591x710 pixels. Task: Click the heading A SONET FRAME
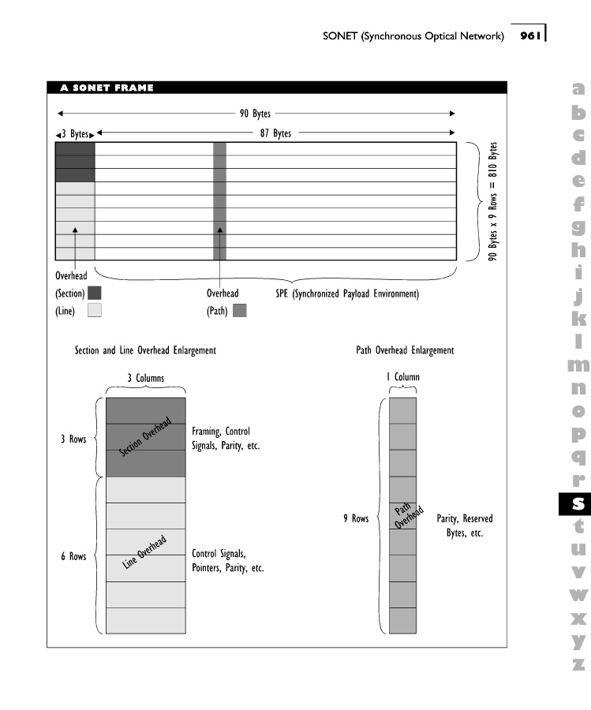pos(107,88)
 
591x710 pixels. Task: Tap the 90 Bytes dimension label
pos(255,114)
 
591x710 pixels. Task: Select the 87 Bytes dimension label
pos(276,133)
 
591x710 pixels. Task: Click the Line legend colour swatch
pos(95,311)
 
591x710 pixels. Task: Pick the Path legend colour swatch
pos(240,311)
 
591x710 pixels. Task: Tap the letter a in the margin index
pos(579,91)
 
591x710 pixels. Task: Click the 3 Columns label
pos(146,378)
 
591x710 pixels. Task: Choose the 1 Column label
pos(402,378)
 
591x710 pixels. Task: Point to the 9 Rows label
pos(356,518)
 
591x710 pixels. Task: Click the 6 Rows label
pos(73,556)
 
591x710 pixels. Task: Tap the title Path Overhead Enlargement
pos(405,350)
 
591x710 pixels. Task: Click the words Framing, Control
pos(221,432)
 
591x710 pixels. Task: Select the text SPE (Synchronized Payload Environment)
pos(342,294)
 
